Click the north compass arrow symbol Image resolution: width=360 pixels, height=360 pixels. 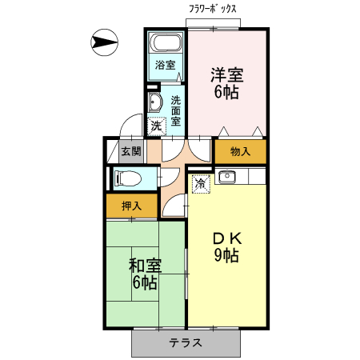105,42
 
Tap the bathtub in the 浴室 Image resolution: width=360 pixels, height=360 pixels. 166,42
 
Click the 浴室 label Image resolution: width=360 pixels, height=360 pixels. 166,65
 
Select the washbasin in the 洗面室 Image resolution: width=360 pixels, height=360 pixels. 155,102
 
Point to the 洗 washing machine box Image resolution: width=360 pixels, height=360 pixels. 157,126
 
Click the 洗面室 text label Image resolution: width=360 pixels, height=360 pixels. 176,110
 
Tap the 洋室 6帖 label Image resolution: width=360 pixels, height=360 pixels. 227,83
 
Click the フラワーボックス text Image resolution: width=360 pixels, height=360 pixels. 213,10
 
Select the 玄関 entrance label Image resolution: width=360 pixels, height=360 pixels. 131,152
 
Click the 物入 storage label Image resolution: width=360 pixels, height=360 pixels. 240,152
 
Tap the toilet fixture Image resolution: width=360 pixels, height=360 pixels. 127,178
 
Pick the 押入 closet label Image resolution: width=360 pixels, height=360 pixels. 131,206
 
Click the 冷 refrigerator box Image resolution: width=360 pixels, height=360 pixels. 201,184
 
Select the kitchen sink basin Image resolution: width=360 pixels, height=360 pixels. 227,176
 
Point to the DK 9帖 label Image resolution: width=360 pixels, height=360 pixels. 227,247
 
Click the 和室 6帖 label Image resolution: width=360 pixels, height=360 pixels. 145,274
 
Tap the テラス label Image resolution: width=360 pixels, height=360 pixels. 186,342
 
